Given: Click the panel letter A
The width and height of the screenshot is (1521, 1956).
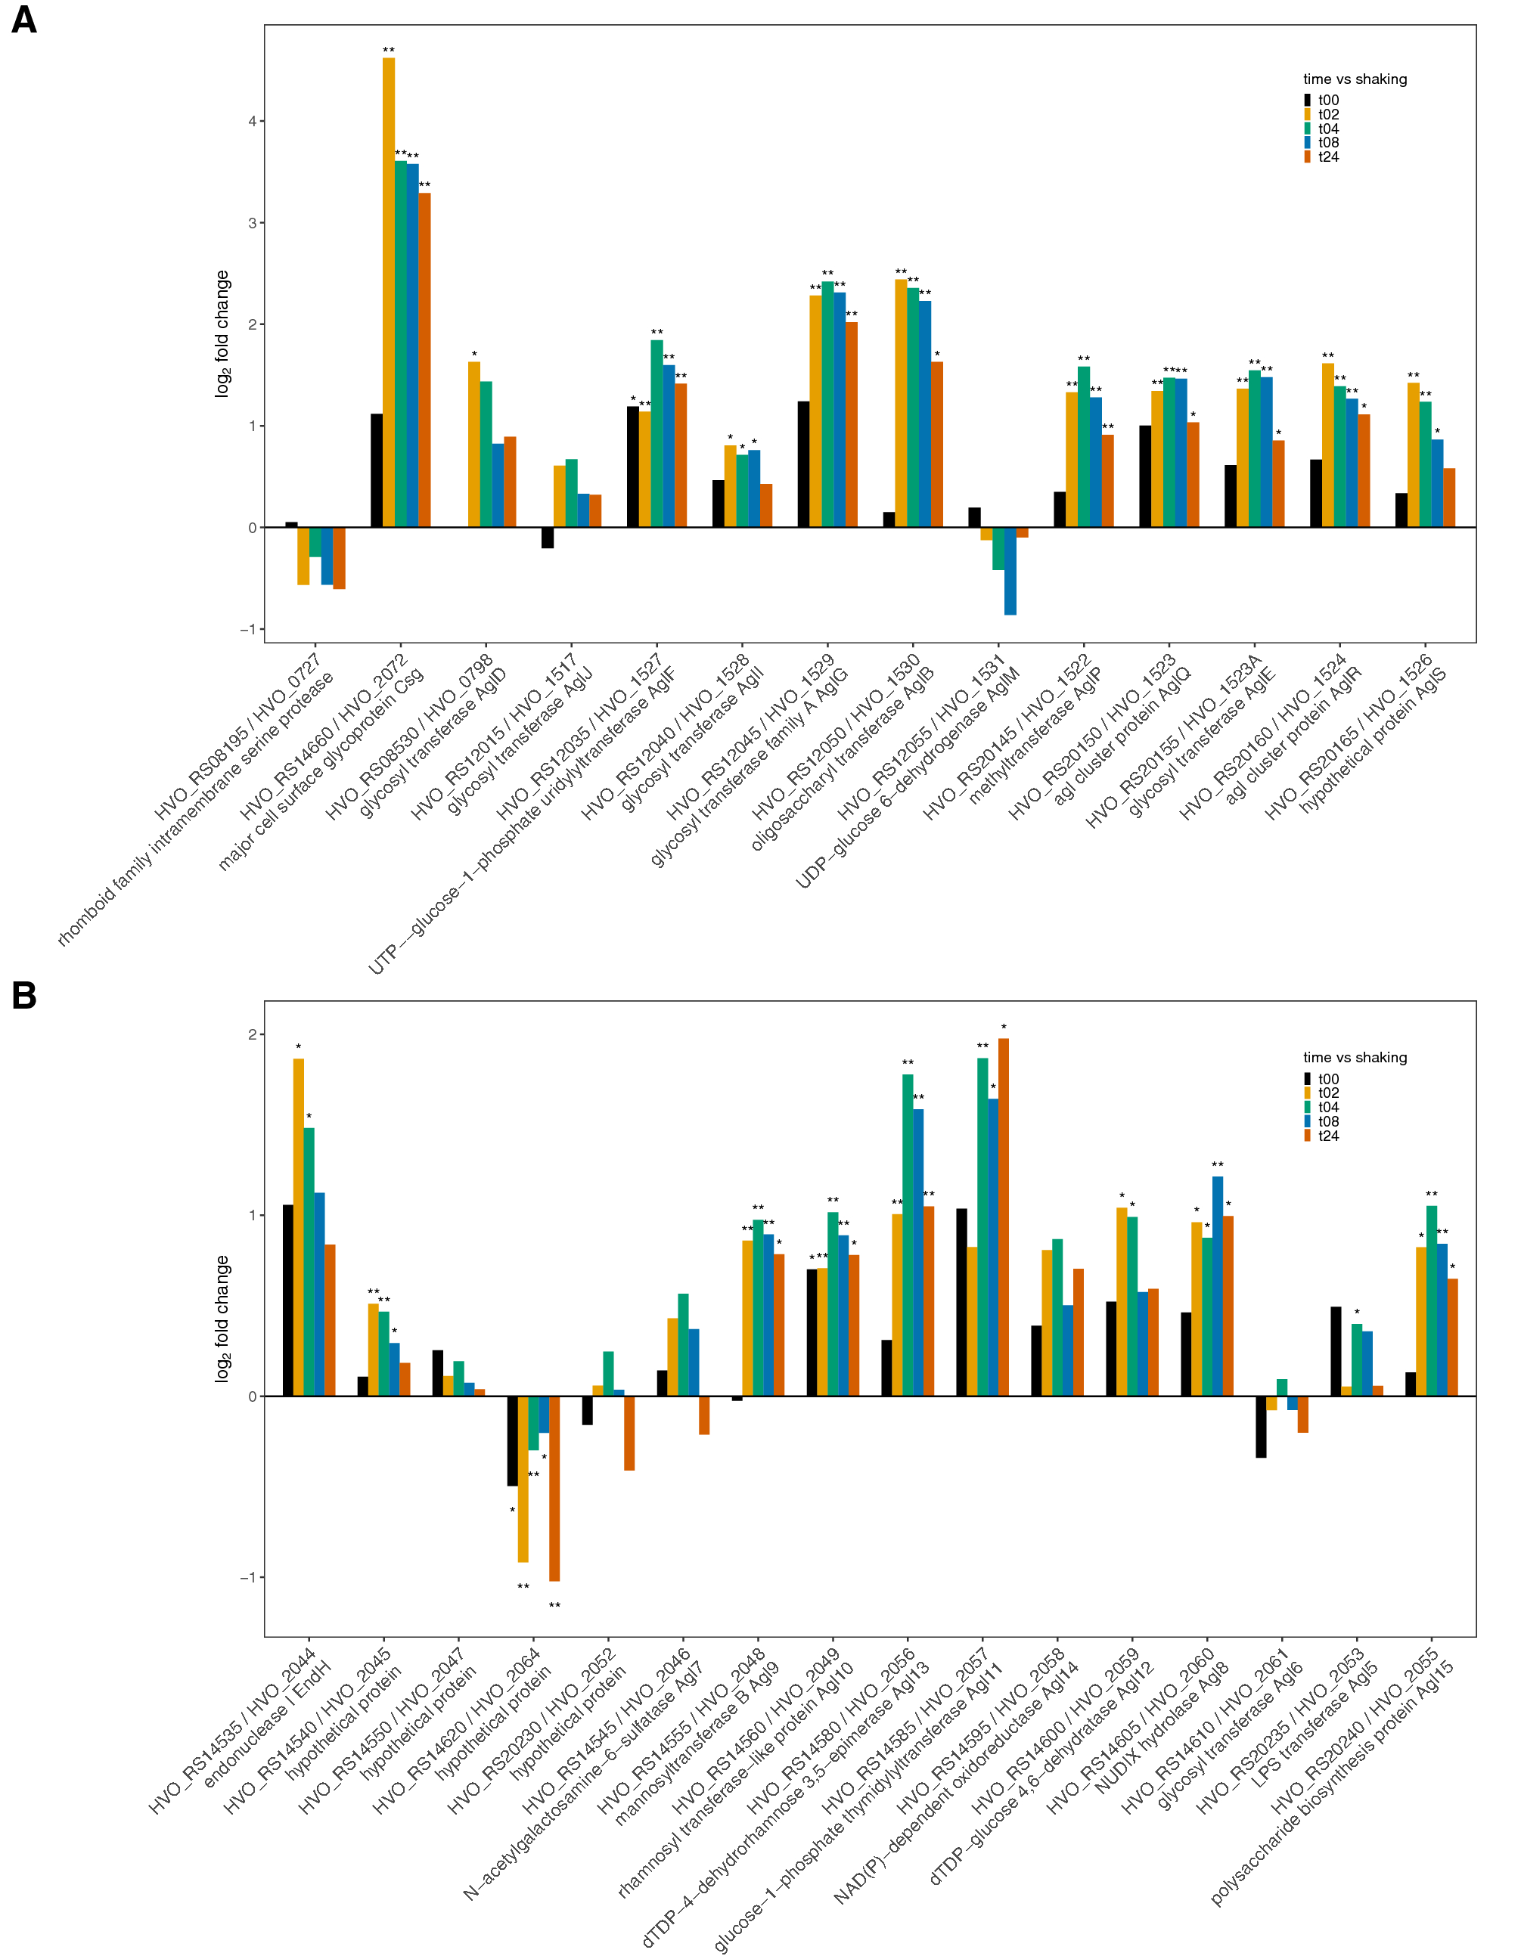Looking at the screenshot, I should click(24, 20).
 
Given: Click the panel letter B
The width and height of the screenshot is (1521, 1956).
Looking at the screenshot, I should click(24, 995).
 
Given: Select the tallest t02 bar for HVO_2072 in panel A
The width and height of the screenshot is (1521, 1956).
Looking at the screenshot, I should click(389, 296).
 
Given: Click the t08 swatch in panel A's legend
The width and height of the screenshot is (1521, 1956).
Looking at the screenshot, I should click(1308, 142).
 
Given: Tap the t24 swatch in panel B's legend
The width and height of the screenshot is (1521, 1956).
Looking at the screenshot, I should click(1308, 1136).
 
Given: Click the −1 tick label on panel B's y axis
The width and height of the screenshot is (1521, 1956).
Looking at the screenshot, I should click(248, 1578).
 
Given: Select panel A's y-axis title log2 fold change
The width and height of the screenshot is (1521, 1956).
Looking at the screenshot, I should click(222, 333).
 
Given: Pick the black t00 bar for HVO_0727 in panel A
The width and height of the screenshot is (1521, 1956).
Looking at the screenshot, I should click(291, 525).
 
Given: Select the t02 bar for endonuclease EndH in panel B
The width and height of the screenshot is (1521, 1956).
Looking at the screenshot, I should click(298, 1228).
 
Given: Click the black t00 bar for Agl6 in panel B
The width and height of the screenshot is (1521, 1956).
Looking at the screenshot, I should click(1262, 1427).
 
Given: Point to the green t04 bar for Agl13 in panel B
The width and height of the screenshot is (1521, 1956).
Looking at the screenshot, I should click(908, 1236).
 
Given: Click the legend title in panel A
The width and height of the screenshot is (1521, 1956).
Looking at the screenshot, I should click(1355, 79).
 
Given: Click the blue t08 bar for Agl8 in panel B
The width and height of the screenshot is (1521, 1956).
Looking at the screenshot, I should click(1218, 1287).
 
